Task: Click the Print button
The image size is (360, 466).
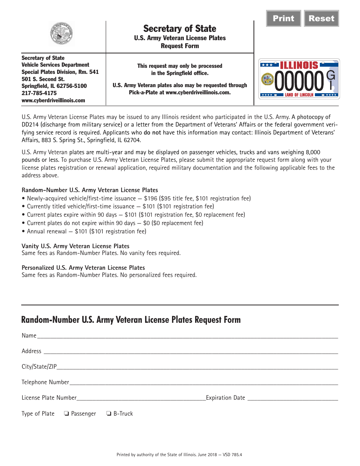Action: coord(283,19)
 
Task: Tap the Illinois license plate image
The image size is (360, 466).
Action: coord(299,79)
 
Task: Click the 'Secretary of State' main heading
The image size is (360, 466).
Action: coord(180,29)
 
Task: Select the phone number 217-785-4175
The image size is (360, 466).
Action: coord(39,93)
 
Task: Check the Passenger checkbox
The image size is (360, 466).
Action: coord(66,414)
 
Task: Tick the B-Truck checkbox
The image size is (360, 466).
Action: coord(109,414)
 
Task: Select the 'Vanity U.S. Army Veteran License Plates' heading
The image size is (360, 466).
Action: coord(75,246)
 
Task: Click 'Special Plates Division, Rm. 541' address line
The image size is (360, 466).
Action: coord(60,72)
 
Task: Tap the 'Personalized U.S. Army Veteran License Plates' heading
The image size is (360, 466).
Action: coord(83,268)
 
